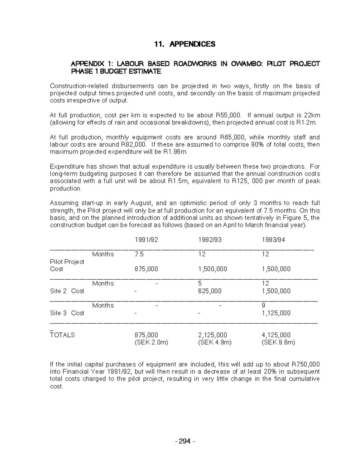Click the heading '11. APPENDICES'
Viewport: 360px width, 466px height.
pyautogui.click(x=184, y=44)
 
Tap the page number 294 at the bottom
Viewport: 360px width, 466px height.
pyautogui.click(x=184, y=441)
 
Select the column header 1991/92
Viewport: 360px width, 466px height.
pyautogui.click(x=146, y=240)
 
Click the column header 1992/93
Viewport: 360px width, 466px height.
pyautogui.click(x=210, y=240)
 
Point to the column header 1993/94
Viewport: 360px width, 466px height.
pyautogui.click(x=273, y=240)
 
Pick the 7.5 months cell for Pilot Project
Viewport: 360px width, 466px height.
pyautogui.click(x=139, y=254)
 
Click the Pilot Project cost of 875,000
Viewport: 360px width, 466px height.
pyautogui.click(x=146, y=269)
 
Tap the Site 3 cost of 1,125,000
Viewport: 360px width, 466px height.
pyautogui.click(x=276, y=313)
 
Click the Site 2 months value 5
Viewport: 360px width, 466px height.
pyautogui.click(x=200, y=284)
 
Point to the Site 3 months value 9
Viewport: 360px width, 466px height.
pyautogui.click(x=263, y=305)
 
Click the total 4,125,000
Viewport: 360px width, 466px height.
pyautogui.click(x=276, y=335)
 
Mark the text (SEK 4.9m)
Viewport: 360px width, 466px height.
pyautogui.click(x=215, y=342)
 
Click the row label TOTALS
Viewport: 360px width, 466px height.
pyautogui.click(x=62, y=335)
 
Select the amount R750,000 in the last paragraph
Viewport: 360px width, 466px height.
pyautogui.click(x=305, y=365)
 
